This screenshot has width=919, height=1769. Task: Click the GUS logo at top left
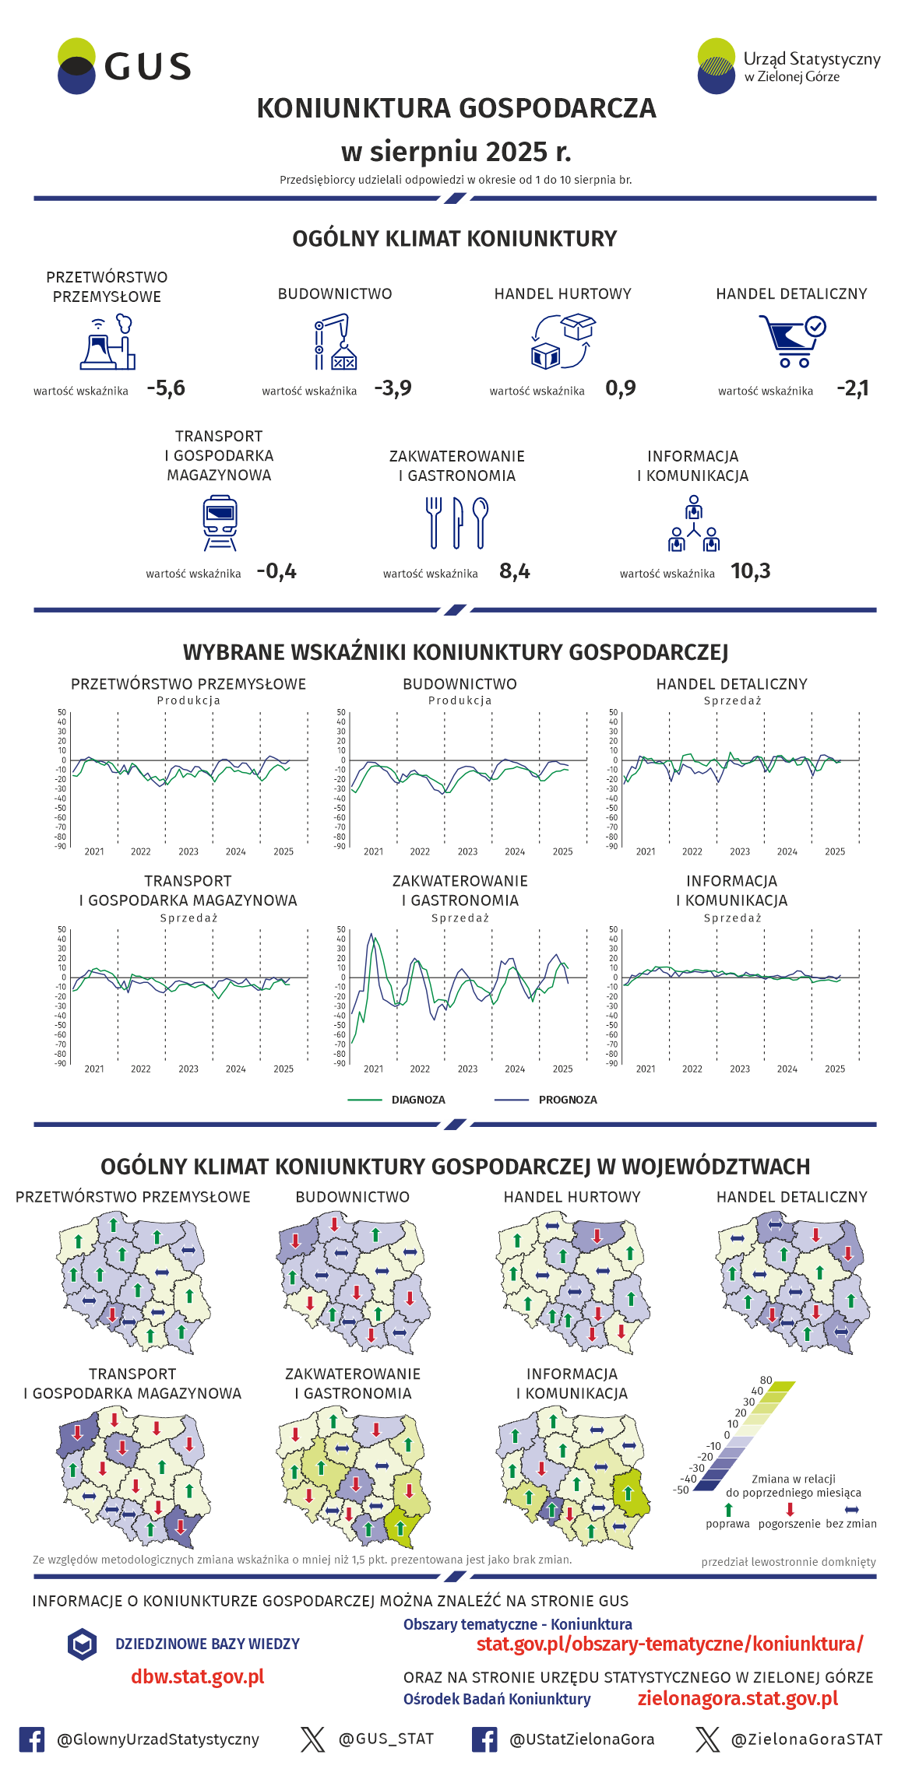tap(125, 66)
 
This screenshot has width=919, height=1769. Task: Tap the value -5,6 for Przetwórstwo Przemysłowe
tap(166, 388)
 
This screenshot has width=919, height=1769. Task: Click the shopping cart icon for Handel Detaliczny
tap(791, 340)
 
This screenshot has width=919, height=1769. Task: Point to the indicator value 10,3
tap(750, 571)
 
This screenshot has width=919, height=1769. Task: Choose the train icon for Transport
tap(220, 523)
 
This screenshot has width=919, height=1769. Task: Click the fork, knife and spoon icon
tap(457, 522)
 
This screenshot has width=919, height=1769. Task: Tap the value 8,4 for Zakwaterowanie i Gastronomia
tap(515, 571)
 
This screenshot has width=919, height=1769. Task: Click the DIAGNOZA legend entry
tap(417, 1100)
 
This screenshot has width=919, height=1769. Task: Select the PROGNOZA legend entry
tap(567, 1100)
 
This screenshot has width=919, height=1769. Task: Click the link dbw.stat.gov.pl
tap(198, 1676)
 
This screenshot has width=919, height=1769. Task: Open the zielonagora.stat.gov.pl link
tap(738, 1698)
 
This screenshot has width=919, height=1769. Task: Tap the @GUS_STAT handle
tap(386, 1739)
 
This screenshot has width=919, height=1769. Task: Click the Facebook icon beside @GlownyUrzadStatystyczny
tap(32, 1739)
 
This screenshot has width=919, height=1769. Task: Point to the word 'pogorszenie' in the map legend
tap(789, 1523)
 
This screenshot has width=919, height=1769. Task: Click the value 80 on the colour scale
tap(766, 1380)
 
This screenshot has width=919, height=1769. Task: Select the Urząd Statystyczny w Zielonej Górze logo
tap(788, 66)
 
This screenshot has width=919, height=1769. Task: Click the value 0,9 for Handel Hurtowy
tap(621, 388)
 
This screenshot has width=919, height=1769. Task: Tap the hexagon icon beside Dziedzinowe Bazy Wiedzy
tap(82, 1644)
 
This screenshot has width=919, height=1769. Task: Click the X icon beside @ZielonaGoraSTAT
tap(707, 1739)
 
